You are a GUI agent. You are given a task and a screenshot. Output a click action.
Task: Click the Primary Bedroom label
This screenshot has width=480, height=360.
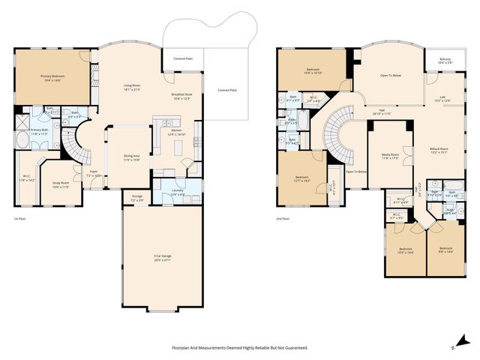click(52, 77)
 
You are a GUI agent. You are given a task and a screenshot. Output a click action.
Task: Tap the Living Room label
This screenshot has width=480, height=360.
click(133, 88)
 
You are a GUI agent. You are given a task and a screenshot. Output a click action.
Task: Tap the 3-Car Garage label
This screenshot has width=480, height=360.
click(163, 258)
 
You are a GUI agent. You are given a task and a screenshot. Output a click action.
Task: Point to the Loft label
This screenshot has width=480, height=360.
click(442, 98)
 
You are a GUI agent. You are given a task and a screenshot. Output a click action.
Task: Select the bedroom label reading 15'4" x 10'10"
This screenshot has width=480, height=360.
click(313, 71)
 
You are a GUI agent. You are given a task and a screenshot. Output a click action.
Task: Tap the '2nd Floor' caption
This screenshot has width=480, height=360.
click(282, 219)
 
